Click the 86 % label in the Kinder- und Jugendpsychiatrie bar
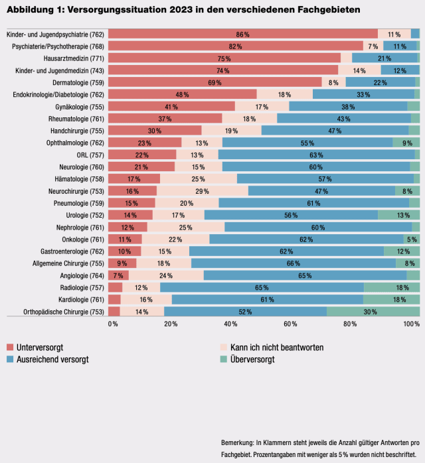pyautogui.click(x=242, y=34)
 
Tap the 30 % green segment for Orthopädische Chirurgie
pyautogui.click(x=370, y=311)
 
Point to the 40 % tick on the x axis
pyautogui.click(x=231, y=324)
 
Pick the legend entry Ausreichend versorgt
pyautogui.click(x=52, y=360)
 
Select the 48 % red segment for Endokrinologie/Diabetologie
pyautogui.click(x=183, y=95)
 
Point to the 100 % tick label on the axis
pyautogui.click(x=412, y=324)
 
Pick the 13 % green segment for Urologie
pyautogui.click(x=403, y=215)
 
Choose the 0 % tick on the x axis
pyautogui.click(x=113, y=324)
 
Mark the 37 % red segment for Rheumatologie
pyautogui.click(x=165, y=119)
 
